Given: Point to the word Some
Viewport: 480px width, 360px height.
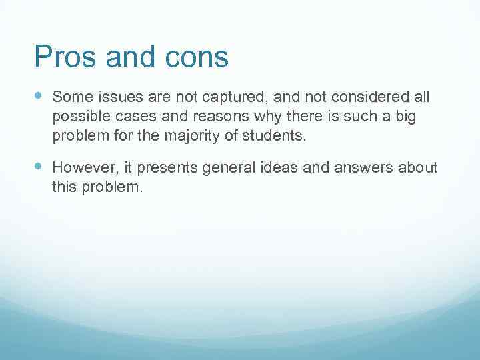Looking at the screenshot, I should tap(71, 97).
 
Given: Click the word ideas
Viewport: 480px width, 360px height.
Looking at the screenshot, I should tap(281, 167).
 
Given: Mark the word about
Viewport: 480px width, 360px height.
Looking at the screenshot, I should tap(419, 167).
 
